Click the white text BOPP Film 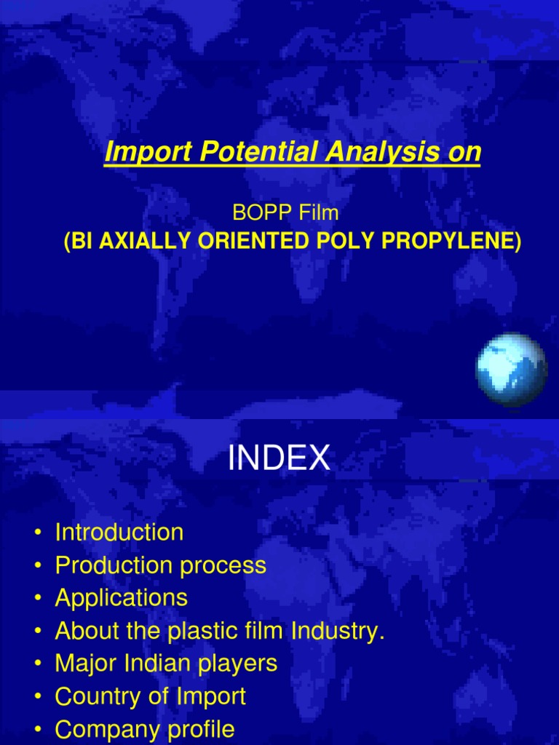[x=285, y=212]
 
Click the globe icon [x=511, y=369]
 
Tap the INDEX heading [x=279, y=459]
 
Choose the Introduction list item [x=119, y=533]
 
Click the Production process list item [x=161, y=565]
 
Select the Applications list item [x=122, y=598]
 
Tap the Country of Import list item [x=151, y=696]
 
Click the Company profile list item [x=145, y=729]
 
